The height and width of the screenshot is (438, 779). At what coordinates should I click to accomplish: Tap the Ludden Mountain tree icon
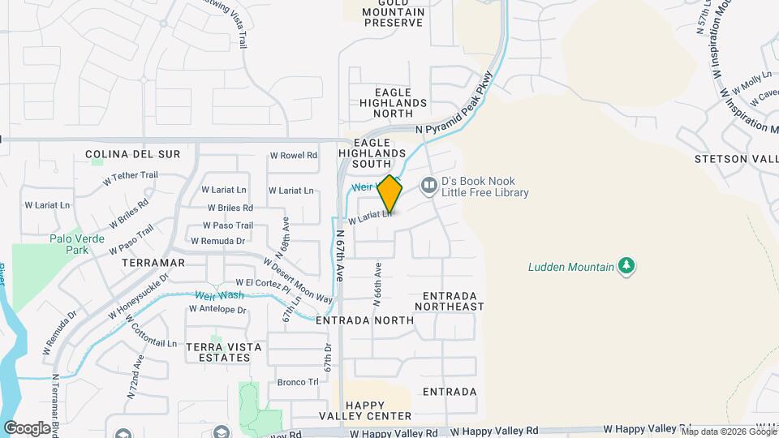[x=626, y=266]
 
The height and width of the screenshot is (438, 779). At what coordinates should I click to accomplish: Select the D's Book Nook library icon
[x=428, y=187]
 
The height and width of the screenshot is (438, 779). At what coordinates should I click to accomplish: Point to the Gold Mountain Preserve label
[x=394, y=11]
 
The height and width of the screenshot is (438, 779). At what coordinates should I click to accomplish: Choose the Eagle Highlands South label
[x=372, y=147]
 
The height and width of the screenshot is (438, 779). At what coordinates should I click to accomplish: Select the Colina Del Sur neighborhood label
[x=132, y=153]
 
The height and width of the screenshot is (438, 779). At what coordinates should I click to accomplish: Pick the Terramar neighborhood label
[x=153, y=264]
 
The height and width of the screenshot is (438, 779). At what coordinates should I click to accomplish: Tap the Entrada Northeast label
[x=450, y=301]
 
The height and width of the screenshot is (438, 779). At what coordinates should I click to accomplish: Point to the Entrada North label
[x=365, y=320]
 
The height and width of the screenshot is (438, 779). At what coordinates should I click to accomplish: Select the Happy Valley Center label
[x=378, y=410]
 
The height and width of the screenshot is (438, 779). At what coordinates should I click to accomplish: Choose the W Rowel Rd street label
[x=293, y=156]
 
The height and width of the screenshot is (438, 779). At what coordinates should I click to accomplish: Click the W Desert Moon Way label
[x=298, y=281]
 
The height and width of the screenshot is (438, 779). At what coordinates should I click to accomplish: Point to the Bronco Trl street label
[x=298, y=382]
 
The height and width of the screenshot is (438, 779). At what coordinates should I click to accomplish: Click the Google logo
[x=27, y=427]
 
